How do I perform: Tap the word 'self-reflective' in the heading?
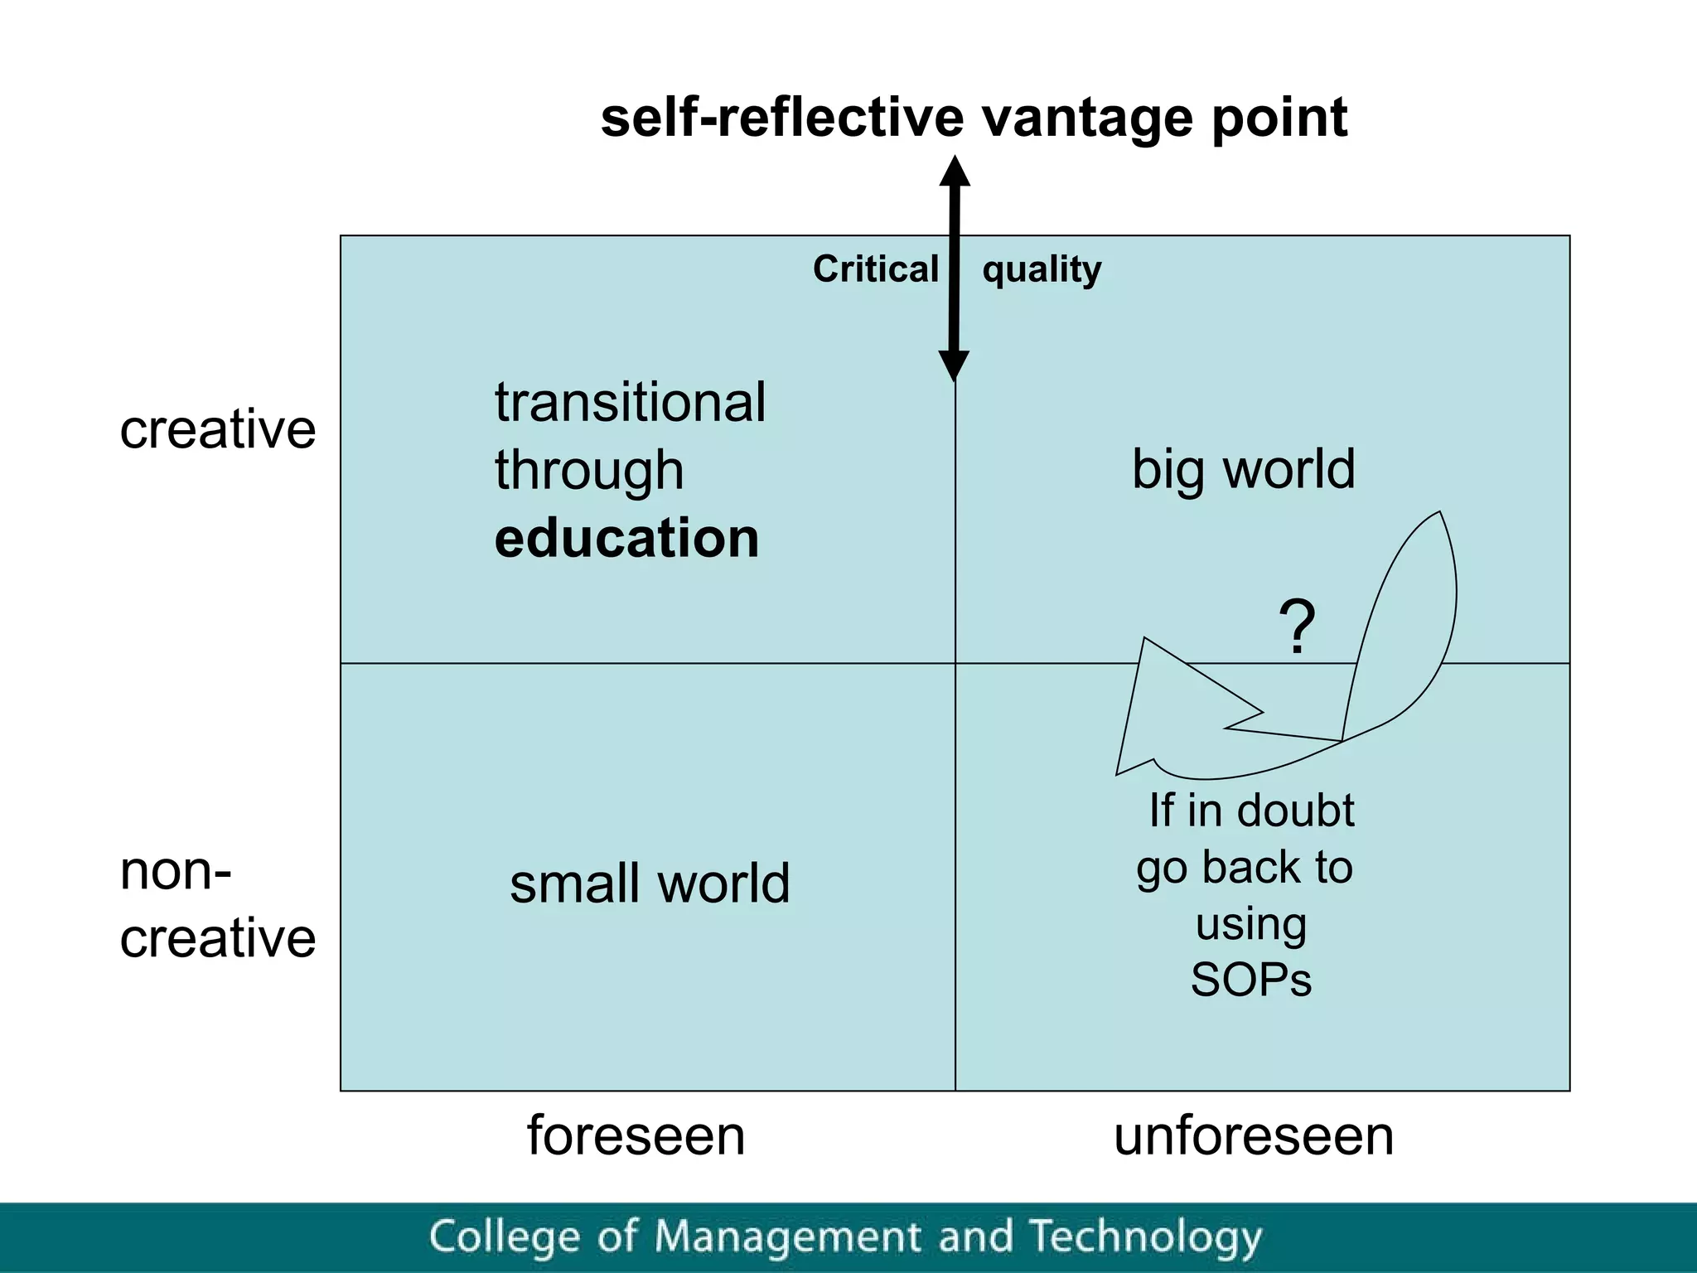click(x=782, y=118)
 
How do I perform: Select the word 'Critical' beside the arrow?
click(x=875, y=269)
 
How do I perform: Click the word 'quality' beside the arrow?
click(x=1042, y=269)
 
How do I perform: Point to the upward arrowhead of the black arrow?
click(x=955, y=172)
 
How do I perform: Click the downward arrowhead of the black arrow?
click(x=954, y=364)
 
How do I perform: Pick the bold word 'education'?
click(x=626, y=538)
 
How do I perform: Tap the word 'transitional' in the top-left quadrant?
click(x=630, y=403)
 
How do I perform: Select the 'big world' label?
click(x=1243, y=469)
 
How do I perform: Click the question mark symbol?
click(x=1297, y=627)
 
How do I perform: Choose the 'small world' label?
click(x=650, y=883)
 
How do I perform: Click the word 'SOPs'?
click(x=1250, y=980)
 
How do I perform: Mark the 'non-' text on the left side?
click(x=176, y=872)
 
